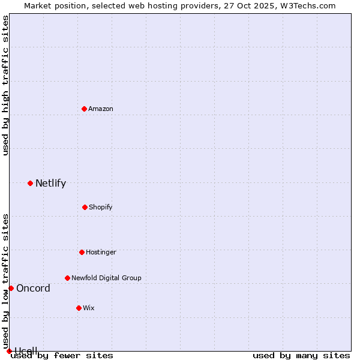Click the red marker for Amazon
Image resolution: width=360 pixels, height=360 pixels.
[85, 109]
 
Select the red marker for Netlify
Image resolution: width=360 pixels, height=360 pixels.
[30, 183]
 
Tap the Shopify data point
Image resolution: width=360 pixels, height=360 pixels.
[85, 207]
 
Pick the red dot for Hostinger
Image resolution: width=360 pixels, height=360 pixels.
[82, 252]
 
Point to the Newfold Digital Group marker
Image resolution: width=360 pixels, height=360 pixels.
[67, 278]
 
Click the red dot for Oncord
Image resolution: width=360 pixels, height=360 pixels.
[11, 288]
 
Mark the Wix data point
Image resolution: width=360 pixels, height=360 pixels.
[79, 308]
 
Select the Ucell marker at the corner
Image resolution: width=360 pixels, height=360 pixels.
[9, 351]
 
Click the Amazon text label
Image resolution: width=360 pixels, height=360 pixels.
[101, 109]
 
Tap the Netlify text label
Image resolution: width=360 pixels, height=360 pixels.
[50, 183]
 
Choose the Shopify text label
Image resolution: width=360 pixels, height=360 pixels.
[100, 207]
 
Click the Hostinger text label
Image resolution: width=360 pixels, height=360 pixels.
[101, 252]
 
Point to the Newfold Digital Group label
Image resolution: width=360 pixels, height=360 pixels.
[106, 278]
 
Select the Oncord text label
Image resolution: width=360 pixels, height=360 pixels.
[33, 288]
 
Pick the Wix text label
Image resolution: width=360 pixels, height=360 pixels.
[89, 308]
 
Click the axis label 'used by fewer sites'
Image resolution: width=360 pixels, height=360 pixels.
[62, 356]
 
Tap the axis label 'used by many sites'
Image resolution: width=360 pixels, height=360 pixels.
[301, 356]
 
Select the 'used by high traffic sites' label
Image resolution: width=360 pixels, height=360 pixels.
[5, 85]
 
